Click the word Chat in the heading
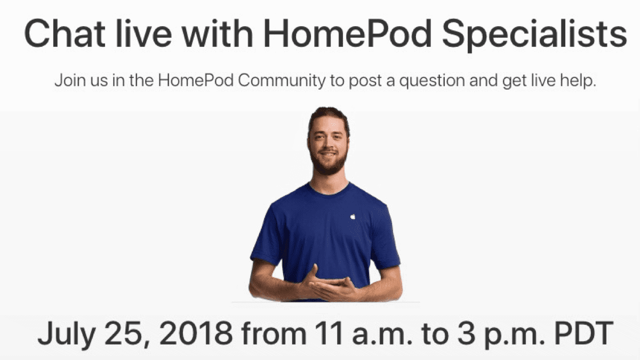(x=65, y=33)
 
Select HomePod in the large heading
(x=347, y=33)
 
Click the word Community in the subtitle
(x=282, y=81)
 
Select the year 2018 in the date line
(x=196, y=333)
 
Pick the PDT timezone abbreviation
(x=583, y=333)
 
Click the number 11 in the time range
(x=329, y=333)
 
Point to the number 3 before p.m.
(x=466, y=333)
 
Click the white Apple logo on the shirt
(x=353, y=217)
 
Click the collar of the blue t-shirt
(x=329, y=190)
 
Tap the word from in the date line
(x=274, y=333)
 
